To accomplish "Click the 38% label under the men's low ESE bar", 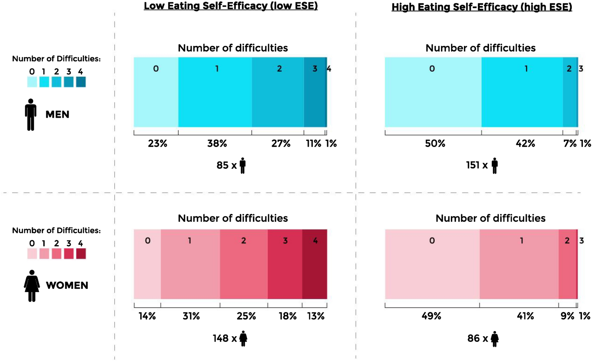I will click(x=217, y=144).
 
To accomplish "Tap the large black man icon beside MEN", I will click(x=31, y=115).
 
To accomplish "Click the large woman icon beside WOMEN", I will click(x=32, y=286).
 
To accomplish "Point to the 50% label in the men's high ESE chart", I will click(x=435, y=144).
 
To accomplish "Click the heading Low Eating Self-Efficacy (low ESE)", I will click(x=230, y=6).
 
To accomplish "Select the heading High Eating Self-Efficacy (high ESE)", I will click(x=481, y=7).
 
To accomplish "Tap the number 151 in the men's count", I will click(x=472, y=165).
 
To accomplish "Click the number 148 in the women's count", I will click(x=220, y=339).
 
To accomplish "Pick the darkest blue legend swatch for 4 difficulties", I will click(x=81, y=82).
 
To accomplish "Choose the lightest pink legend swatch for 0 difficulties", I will click(x=32, y=254).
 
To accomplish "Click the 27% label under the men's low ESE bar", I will click(x=281, y=144).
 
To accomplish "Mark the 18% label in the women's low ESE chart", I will click(x=287, y=316).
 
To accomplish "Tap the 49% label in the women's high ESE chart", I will click(x=431, y=316).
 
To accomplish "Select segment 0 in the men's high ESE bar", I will click(x=433, y=92).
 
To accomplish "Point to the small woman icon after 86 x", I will click(x=495, y=339).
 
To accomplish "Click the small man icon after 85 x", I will click(x=243, y=166).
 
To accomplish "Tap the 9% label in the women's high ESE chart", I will click(x=567, y=316).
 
